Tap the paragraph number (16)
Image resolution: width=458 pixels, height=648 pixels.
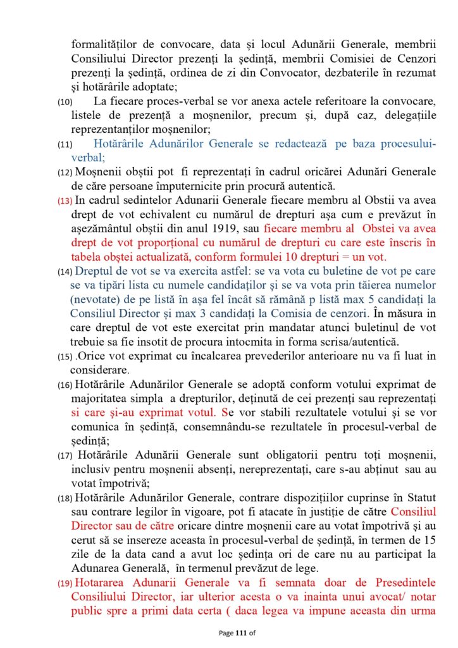(65, 385)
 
